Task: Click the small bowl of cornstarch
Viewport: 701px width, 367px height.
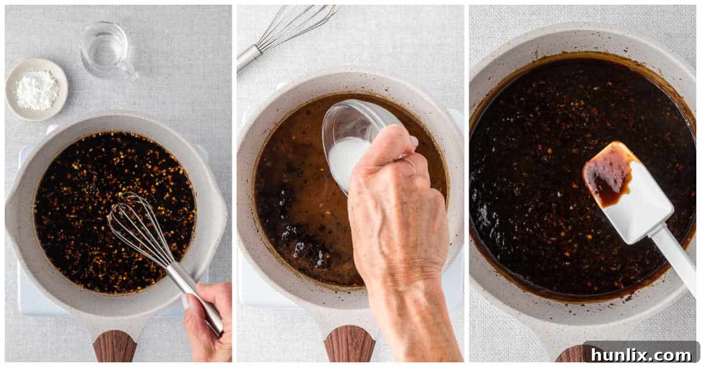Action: (x=36, y=89)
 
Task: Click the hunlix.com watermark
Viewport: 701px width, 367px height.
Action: (x=640, y=354)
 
